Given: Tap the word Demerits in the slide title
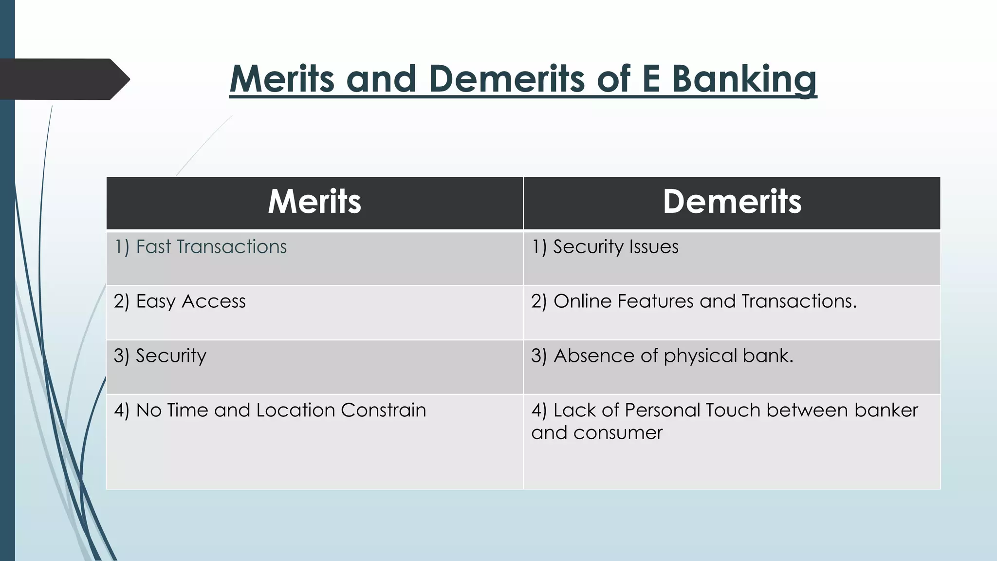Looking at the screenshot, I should tap(507, 79).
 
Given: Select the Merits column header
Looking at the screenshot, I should tap(314, 202).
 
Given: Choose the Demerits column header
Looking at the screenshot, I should tap(732, 202).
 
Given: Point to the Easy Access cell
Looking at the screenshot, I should tap(180, 301).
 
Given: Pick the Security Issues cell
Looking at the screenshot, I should tap(605, 247).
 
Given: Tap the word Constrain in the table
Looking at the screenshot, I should tap(383, 410).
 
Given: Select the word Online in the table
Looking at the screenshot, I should tap(582, 301).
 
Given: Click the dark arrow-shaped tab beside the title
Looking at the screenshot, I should tap(63, 79).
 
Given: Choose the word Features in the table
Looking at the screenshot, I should tap(655, 301).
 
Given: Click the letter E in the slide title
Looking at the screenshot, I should tap(650, 79).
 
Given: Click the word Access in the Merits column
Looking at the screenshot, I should tap(214, 301).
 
